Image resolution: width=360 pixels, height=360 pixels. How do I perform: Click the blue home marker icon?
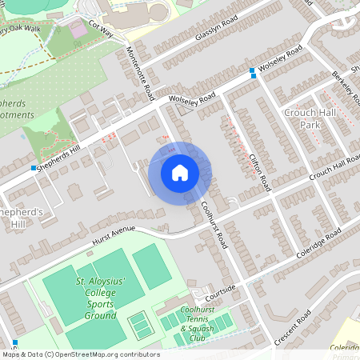(180, 172)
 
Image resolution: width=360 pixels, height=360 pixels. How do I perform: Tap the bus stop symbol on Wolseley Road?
(252, 72)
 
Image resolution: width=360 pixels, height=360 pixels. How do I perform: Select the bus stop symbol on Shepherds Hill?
(34, 168)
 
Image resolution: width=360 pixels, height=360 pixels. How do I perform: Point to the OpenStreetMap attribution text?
(80, 354)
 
